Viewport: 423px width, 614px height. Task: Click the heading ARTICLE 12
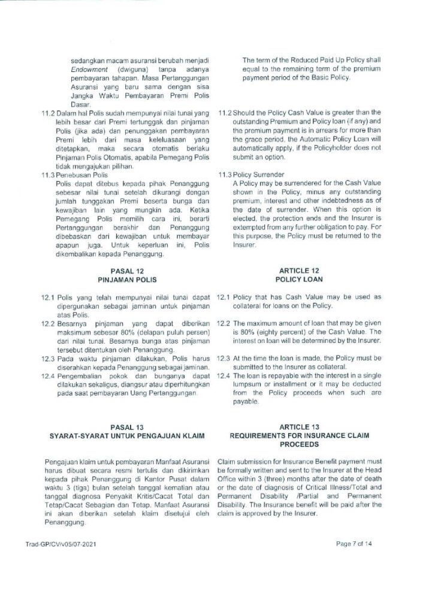pos(299,271)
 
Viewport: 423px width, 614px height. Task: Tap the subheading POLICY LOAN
pos(299,279)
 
